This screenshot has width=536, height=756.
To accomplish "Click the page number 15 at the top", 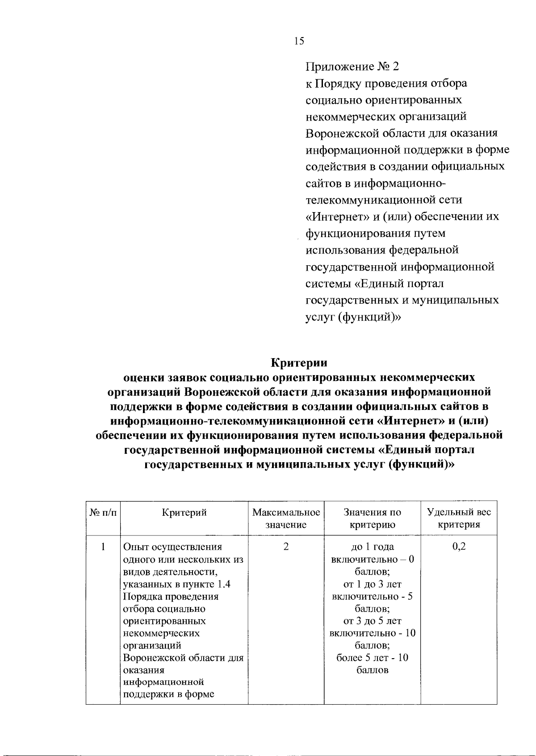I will pyautogui.click(x=299, y=41).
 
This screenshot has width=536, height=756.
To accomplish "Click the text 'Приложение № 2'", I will pyautogui.click(x=352, y=67).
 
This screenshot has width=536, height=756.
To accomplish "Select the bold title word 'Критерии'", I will pyautogui.click(x=299, y=363).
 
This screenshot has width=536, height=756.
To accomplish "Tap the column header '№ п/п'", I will pyautogui.click(x=103, y=512).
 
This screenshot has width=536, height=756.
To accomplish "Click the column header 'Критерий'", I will pyautogui.click(x=184, y=512).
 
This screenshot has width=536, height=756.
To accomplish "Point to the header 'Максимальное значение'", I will pyautogui.click(x=286, y=518).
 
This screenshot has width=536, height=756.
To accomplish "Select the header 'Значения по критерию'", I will pyautogui.click(x=372, y=518).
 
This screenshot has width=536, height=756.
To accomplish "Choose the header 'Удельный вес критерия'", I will pyautogui.click(x=459, y=518).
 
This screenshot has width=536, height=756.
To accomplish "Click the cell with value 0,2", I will pyautogui.click(x=459, y=547).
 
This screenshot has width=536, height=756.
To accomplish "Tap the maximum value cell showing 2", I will pyautogui.click(x=286, y=547).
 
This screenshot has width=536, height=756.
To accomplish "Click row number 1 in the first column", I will pyautogui.click(x=103, y=547).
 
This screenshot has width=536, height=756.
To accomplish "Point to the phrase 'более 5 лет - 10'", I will pyautogui.click(x=372, y=657).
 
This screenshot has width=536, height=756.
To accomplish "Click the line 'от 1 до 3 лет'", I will pyautogui.click(x=372, y=584).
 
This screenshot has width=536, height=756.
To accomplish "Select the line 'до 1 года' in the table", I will pyautogui.click(x=372, y=547).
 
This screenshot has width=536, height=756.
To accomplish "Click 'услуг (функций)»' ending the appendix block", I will pyautogui.click(x=353, y=317).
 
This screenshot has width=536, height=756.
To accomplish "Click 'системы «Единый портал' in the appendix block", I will pyautogui.click(x=374, y=284).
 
